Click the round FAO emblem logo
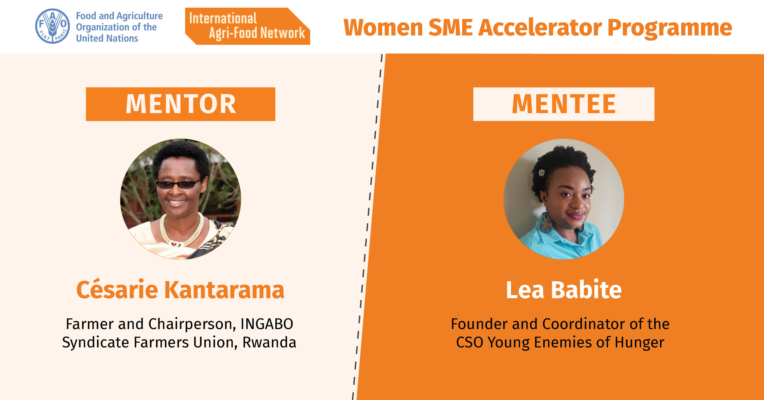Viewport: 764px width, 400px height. point(53,26)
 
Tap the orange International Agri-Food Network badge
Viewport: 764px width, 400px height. point(248,26)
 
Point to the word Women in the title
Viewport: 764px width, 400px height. point(384,28)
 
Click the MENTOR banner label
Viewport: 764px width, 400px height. point(181,104)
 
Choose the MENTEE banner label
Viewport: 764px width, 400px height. point(564,104)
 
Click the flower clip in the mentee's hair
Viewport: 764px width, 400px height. point(541,173)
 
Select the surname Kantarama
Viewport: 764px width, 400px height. point(224,289)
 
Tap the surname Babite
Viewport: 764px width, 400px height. point(586,289)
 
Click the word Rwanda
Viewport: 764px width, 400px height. point(269,343)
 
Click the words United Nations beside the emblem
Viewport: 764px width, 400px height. point(107,38)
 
